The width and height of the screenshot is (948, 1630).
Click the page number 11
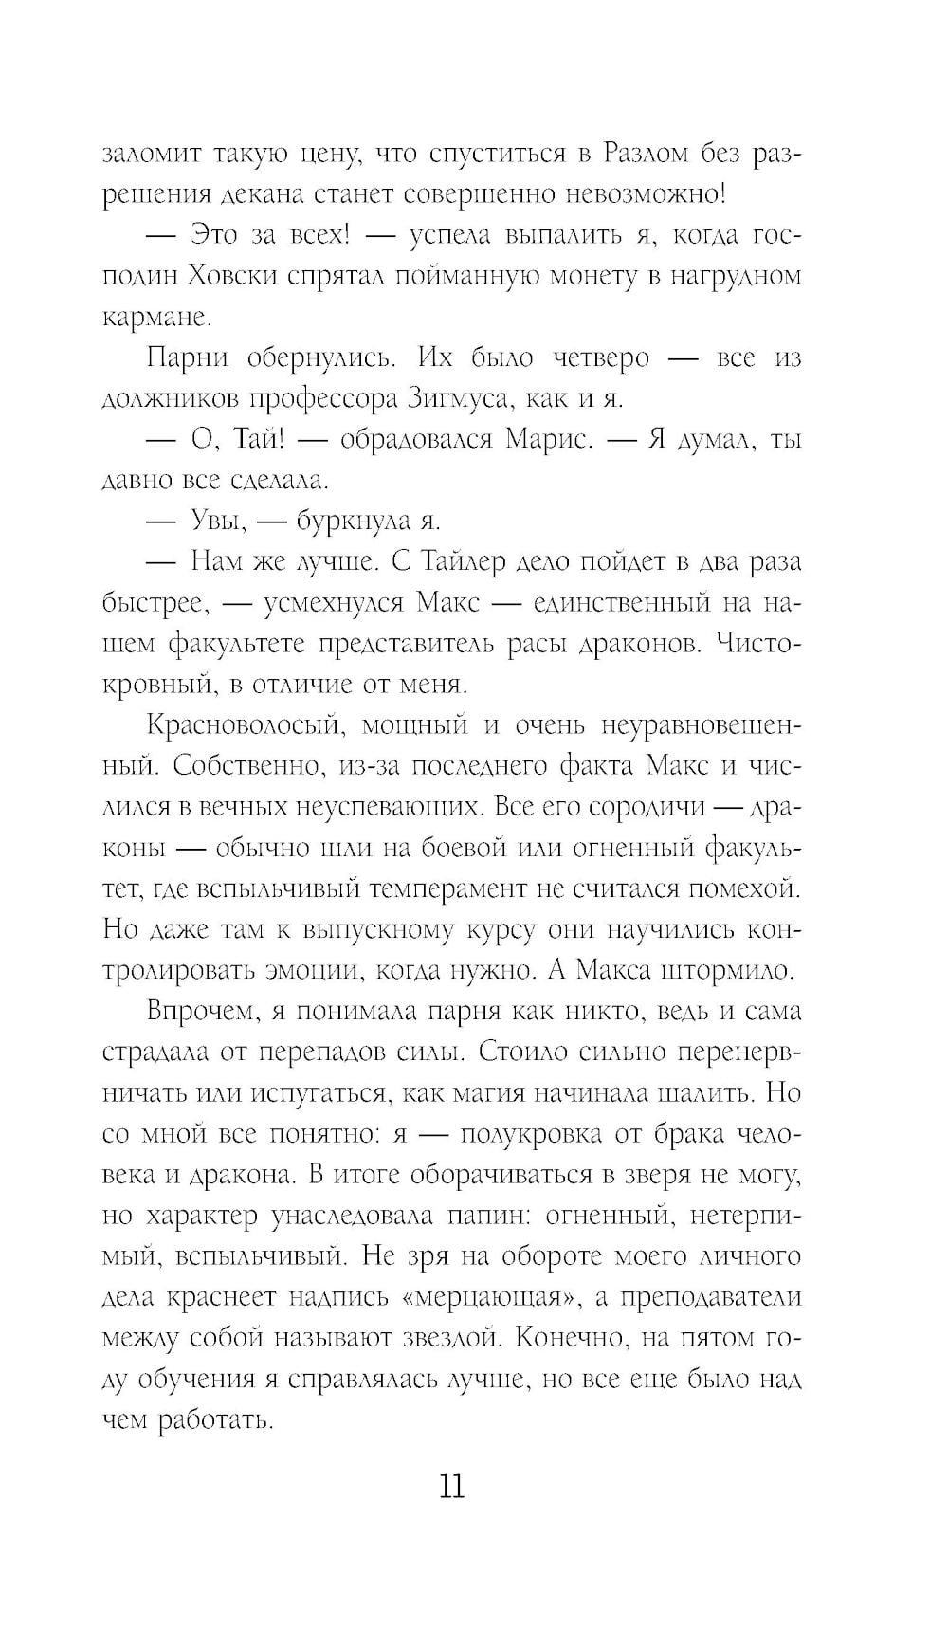(452, 1485)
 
